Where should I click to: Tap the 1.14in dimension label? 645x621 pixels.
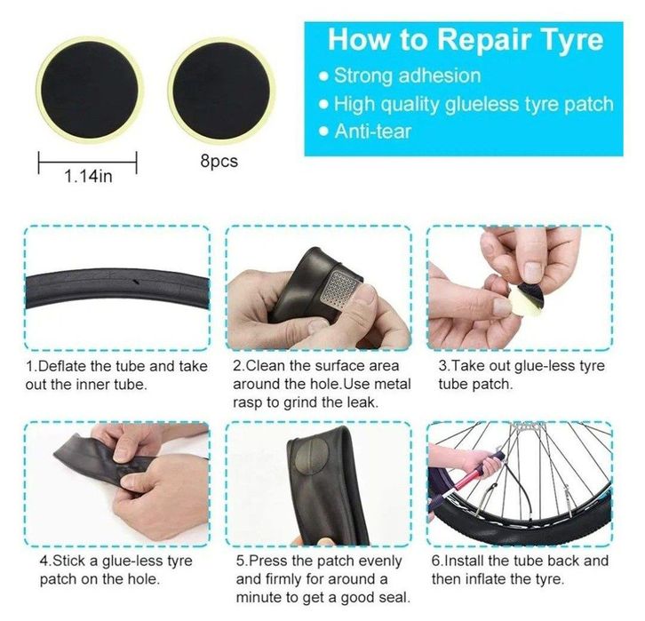[87, 176]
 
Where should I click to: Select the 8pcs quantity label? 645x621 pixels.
[219, 162]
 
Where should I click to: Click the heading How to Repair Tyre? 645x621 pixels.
[465, 39]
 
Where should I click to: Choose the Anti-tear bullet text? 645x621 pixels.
[372, 131]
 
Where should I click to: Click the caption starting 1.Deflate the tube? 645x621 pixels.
[116, 375]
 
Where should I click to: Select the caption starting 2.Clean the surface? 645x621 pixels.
[315, 384]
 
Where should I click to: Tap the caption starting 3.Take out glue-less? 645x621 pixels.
[521, 375]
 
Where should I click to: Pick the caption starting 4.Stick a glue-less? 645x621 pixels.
[115, 570]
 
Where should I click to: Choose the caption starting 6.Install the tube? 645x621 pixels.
[521, 570]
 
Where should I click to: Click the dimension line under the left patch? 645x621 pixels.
[87, 161]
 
